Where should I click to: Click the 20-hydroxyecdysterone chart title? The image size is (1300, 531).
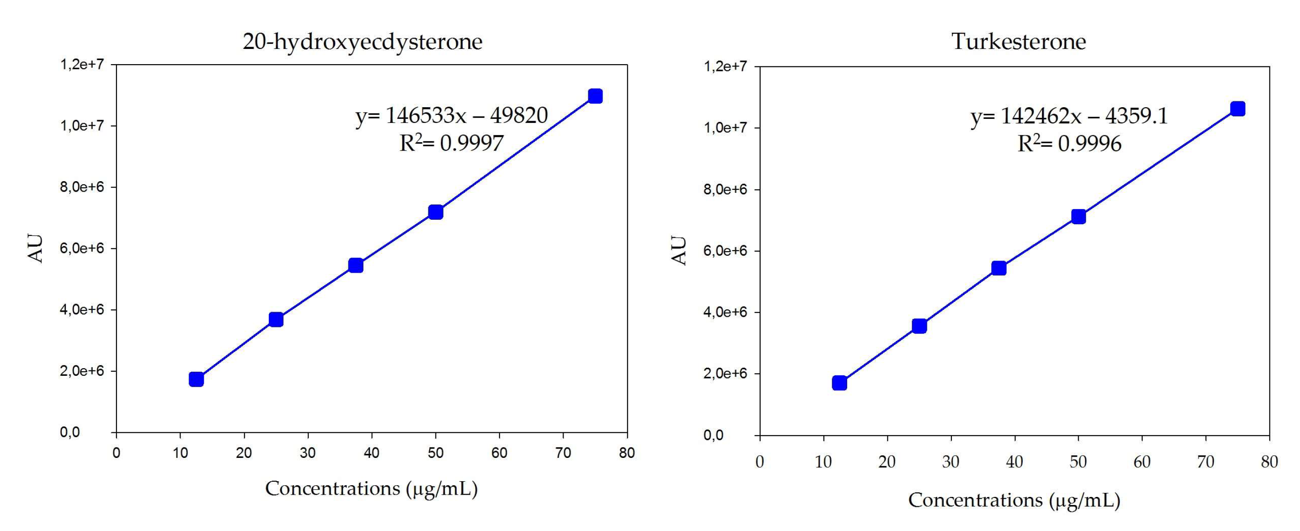362,41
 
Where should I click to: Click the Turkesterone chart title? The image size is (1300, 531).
1018,41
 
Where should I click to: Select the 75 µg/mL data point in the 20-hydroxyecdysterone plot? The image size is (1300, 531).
595,96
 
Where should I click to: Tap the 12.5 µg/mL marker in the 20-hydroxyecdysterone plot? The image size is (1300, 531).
196,379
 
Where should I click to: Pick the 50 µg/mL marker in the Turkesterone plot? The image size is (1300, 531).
1078,217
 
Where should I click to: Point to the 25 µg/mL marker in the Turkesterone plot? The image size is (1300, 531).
919,326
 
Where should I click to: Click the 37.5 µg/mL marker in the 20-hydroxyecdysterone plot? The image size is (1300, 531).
356,265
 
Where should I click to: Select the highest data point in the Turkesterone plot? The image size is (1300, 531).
1237,109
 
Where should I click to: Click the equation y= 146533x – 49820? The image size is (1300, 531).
451,116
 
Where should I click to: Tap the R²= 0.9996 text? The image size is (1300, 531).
1069,144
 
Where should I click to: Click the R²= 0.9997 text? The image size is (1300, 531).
451,143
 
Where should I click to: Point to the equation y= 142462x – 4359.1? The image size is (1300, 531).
1069,117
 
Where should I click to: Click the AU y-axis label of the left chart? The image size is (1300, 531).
35,248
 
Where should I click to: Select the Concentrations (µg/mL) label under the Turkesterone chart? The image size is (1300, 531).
1014,500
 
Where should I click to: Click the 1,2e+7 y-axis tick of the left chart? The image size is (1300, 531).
82,65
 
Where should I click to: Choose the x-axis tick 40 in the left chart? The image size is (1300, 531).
371,453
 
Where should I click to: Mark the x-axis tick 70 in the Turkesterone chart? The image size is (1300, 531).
1205,462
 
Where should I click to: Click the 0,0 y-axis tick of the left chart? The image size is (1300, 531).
70,432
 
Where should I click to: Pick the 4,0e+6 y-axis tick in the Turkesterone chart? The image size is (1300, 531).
725,312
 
